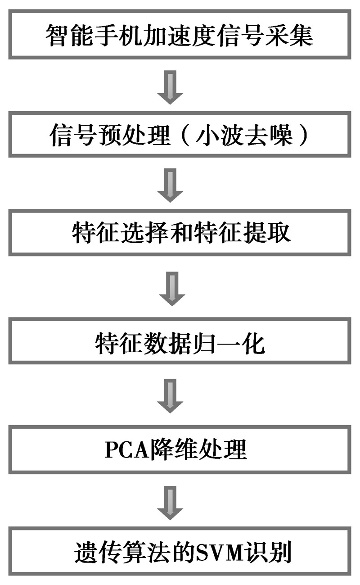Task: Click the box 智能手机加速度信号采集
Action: tap(180, 35)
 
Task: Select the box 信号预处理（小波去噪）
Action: tap(180, 135)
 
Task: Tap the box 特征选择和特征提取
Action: tap(180, 233)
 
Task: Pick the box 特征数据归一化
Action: tap(180, 341)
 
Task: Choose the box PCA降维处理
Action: tap(180, 450)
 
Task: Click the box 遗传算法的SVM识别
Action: tap(180, 552)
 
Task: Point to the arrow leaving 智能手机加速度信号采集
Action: tap(170, 87)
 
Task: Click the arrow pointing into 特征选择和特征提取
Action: tap(170, 185)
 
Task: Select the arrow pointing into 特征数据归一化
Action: tap(172, 288)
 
